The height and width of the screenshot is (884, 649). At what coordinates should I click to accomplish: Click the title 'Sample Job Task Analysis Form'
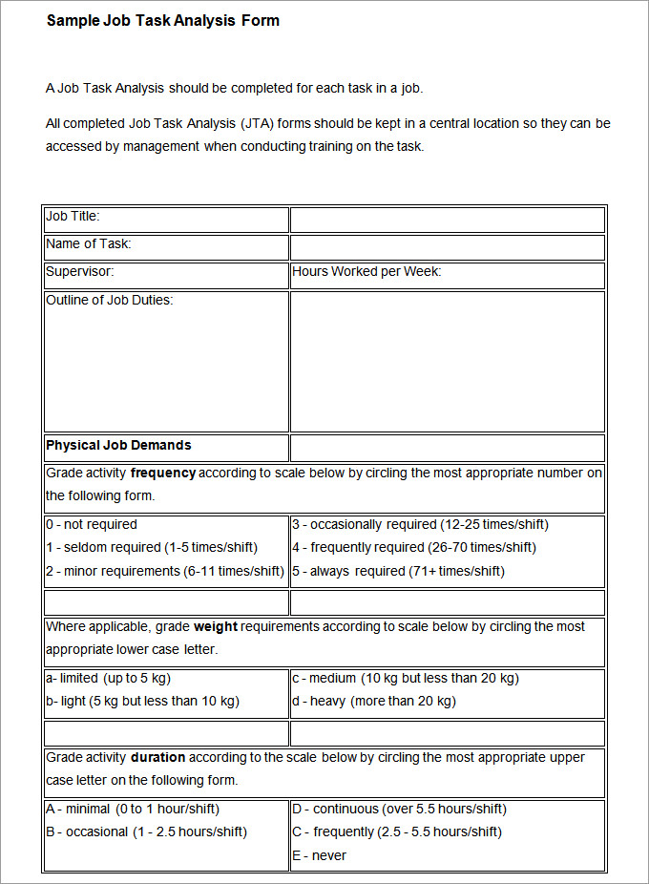tap(162, 20)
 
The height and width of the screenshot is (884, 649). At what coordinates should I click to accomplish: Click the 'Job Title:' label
tap(73, 217)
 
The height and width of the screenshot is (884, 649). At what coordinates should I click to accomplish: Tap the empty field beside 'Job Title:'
tap(447, 220)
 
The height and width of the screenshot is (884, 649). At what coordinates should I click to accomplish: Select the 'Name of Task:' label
tap(89, 244)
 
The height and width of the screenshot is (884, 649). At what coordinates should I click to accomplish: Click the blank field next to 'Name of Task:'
tap(447, 247)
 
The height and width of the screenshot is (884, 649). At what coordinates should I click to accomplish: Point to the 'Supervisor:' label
tap(80, 272)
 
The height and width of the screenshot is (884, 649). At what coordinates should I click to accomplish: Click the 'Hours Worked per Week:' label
tap(366, 272)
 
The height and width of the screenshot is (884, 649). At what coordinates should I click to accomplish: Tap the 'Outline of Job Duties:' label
tap(110, 301)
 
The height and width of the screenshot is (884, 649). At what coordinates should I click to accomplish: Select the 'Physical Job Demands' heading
tap(118, 446)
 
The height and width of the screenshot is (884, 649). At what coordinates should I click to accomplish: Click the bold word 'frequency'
tap(163, 474)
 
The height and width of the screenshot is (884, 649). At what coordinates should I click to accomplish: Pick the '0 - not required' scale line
tap(92, 525)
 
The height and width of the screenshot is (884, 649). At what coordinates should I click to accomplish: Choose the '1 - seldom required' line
tap(152, 548)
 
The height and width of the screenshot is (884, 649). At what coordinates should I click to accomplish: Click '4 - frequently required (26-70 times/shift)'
tap(414, 548)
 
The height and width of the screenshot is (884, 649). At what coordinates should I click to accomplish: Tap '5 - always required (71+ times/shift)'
tap(398, 572)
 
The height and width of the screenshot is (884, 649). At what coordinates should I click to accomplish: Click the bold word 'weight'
tap(216, 627)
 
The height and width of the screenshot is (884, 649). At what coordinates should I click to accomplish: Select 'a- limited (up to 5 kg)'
tap(108, 679)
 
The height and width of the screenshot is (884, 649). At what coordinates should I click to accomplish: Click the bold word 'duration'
tap(157, 758)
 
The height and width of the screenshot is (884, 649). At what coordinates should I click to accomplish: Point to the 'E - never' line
tap(320, 856)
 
